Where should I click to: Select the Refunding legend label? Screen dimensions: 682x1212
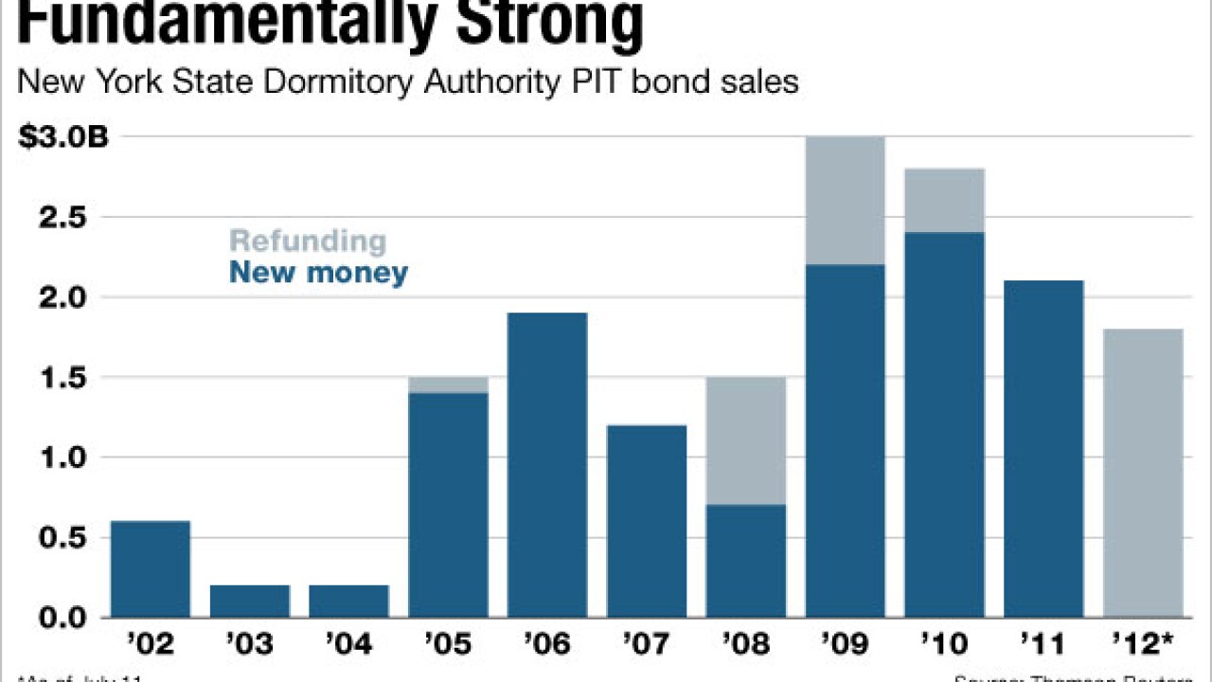coord(308,241)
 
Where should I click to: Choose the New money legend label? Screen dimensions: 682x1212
coord(318,274)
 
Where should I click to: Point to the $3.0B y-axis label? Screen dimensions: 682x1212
coord(63,137)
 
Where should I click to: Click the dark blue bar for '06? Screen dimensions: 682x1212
coord(547,464)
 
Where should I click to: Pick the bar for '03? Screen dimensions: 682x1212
coord(249,601)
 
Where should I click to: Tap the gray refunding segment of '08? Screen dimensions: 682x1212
coord(746,440)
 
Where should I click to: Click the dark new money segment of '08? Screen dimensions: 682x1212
coord(746,561)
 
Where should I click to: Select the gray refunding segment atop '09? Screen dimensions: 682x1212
coord(846,200)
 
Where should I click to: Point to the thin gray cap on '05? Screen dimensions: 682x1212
coord(448,385)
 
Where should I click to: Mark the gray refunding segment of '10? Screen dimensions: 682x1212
coord(945,200)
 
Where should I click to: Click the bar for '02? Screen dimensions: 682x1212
coord(150,568)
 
